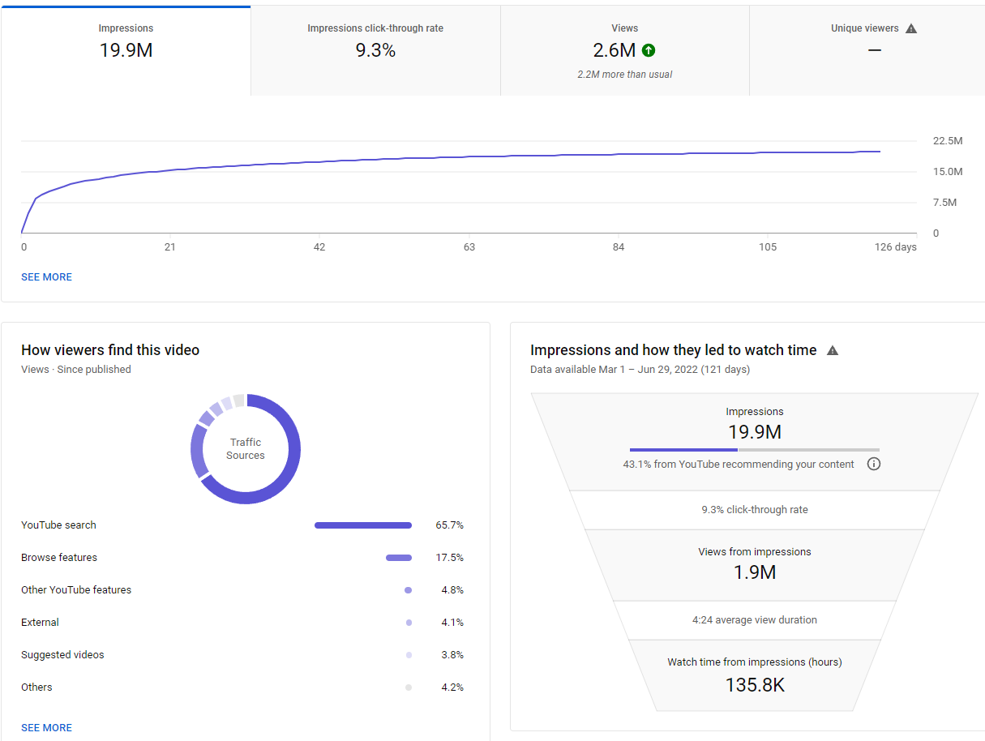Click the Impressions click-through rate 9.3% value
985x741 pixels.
(375, 50)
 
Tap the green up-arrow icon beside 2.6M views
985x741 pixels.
(649, 50)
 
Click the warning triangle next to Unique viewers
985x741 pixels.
(911, 28)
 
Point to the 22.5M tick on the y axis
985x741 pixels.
(948, 141)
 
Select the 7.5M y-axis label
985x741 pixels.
(944, 203)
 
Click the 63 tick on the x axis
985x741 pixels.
(469, 246)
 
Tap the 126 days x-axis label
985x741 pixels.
(895, 246)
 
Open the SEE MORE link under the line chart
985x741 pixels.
(47, 276)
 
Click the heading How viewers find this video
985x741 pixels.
(110, 350)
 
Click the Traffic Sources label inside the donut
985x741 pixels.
(246, 448)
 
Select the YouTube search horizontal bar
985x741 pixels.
(363, 525)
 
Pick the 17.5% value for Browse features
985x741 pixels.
(449, 558)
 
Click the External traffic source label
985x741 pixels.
(40, 622)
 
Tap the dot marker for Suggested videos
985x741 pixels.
(409, 655)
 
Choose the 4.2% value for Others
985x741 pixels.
(452, 687)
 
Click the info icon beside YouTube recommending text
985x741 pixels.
(873, 464)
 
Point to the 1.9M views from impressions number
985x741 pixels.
(754, 572)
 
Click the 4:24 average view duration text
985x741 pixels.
(754, 620)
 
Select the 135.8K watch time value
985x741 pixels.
(755, 685)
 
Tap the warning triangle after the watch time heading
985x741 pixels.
(833, 350)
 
